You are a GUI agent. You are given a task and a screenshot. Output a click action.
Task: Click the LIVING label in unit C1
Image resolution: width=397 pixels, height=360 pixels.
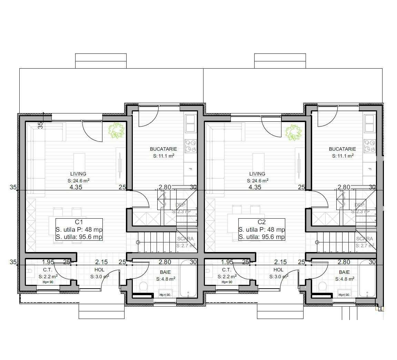[x=78, y=174]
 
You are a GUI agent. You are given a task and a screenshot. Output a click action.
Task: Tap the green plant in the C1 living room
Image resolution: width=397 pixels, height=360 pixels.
[x=116, y=131]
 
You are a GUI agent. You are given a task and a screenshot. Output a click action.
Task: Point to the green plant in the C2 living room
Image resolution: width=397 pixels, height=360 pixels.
[x=293, y=132]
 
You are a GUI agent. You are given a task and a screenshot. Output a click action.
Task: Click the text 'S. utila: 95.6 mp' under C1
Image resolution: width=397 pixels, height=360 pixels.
[x=79, y=237]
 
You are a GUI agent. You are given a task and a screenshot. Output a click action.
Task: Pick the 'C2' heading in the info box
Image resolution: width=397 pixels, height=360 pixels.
[x=261, y=222]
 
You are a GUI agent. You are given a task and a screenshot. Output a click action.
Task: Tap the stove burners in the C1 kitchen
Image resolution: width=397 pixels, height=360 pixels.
[x=190, y=146]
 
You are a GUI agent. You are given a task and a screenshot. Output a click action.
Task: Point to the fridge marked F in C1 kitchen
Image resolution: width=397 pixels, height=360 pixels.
[x=190, y=169]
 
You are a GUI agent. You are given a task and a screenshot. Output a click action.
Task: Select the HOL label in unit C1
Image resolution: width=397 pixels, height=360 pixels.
[x=99, y=270]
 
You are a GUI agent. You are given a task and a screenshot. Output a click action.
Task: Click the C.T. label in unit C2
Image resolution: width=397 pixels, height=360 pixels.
[x=226, y=270]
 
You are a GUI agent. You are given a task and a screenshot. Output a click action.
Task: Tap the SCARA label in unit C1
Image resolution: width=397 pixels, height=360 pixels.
[x=185, y=239]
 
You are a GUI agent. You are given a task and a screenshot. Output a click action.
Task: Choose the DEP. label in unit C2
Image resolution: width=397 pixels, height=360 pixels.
[x=360, y=205]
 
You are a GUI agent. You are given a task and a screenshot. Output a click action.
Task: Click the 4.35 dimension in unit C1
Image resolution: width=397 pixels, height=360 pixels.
[x=76, y=187]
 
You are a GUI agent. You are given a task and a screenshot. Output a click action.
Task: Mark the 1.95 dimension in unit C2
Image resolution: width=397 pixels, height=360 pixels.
[x=227, y=262]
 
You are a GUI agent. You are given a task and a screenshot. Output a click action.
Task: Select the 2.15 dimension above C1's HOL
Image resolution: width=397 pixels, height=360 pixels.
[x=102, y=262]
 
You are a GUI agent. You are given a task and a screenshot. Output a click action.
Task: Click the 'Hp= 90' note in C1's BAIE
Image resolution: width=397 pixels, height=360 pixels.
[x=165, y=294]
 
